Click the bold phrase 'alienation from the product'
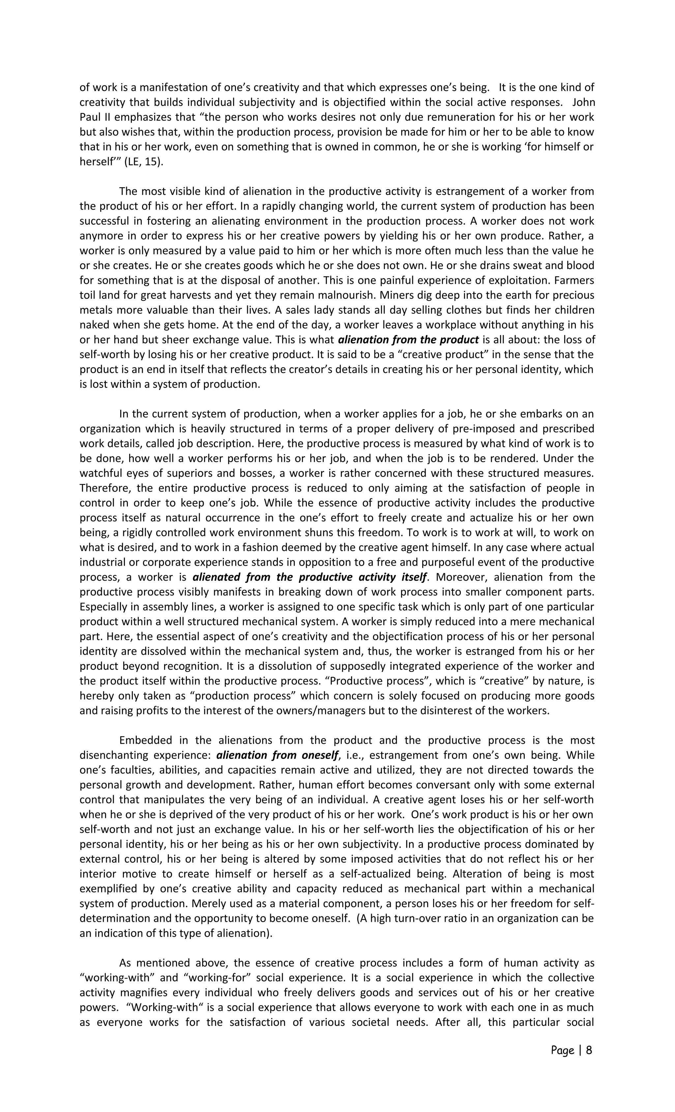pyautogui.click(x=408, y=339)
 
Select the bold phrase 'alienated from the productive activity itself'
pyautogui.click(x=309, y=577)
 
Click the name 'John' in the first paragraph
pyautogui.click(x=583, y=103)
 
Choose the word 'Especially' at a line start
pyautogui.click(x=105, y=607)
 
